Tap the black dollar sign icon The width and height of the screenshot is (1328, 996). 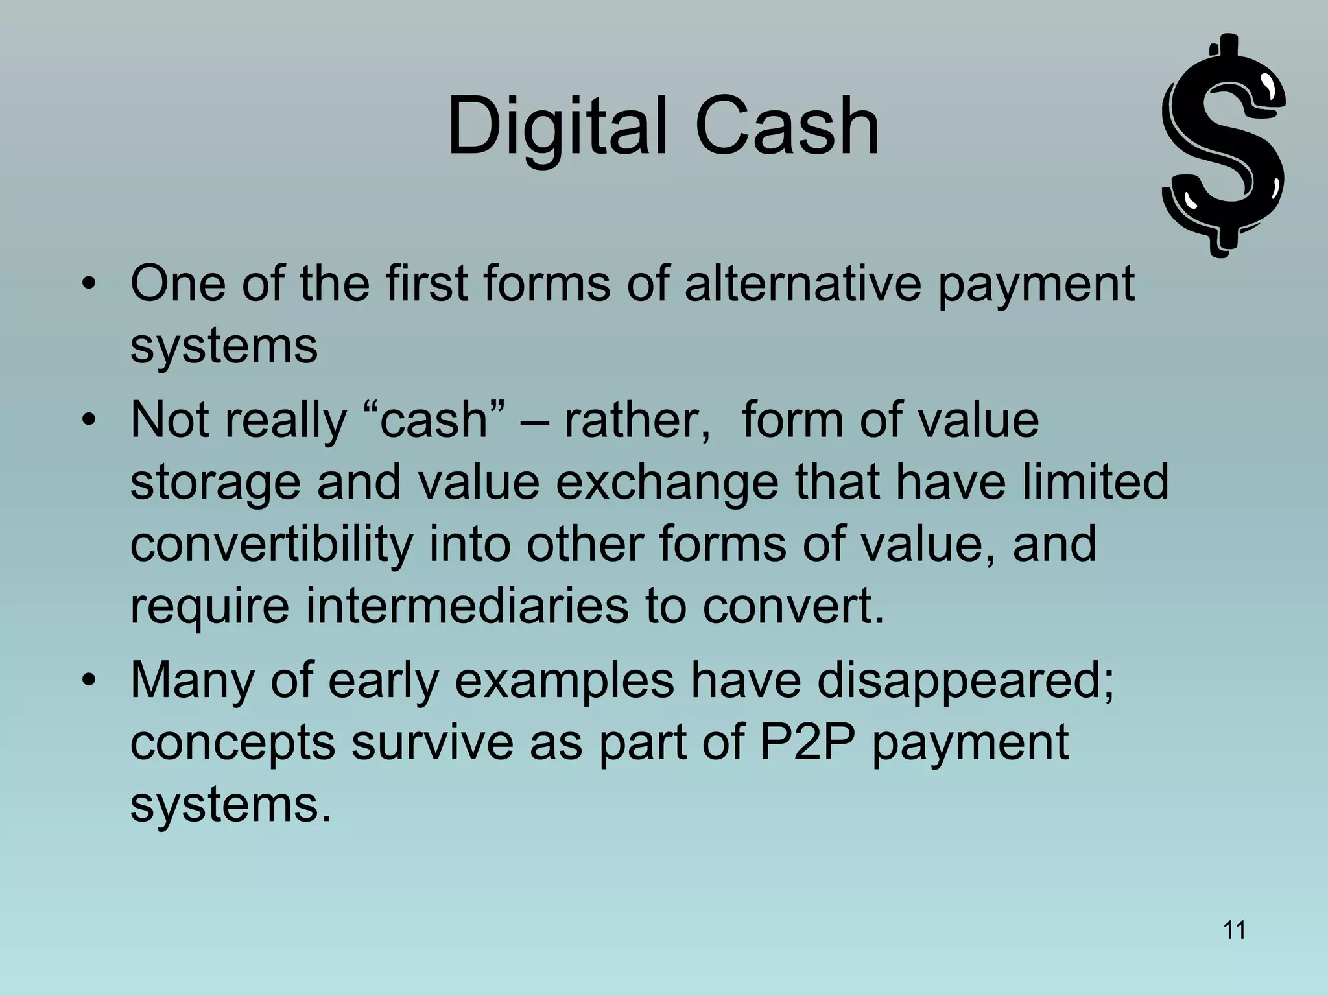tap(1223, 146)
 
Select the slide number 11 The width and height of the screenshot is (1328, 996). tap(1234, 931)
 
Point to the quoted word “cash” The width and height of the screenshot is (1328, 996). tap(433, 420)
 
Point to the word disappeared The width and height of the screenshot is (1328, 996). tap(965, 680)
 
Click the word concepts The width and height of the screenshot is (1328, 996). tap(233, 743)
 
